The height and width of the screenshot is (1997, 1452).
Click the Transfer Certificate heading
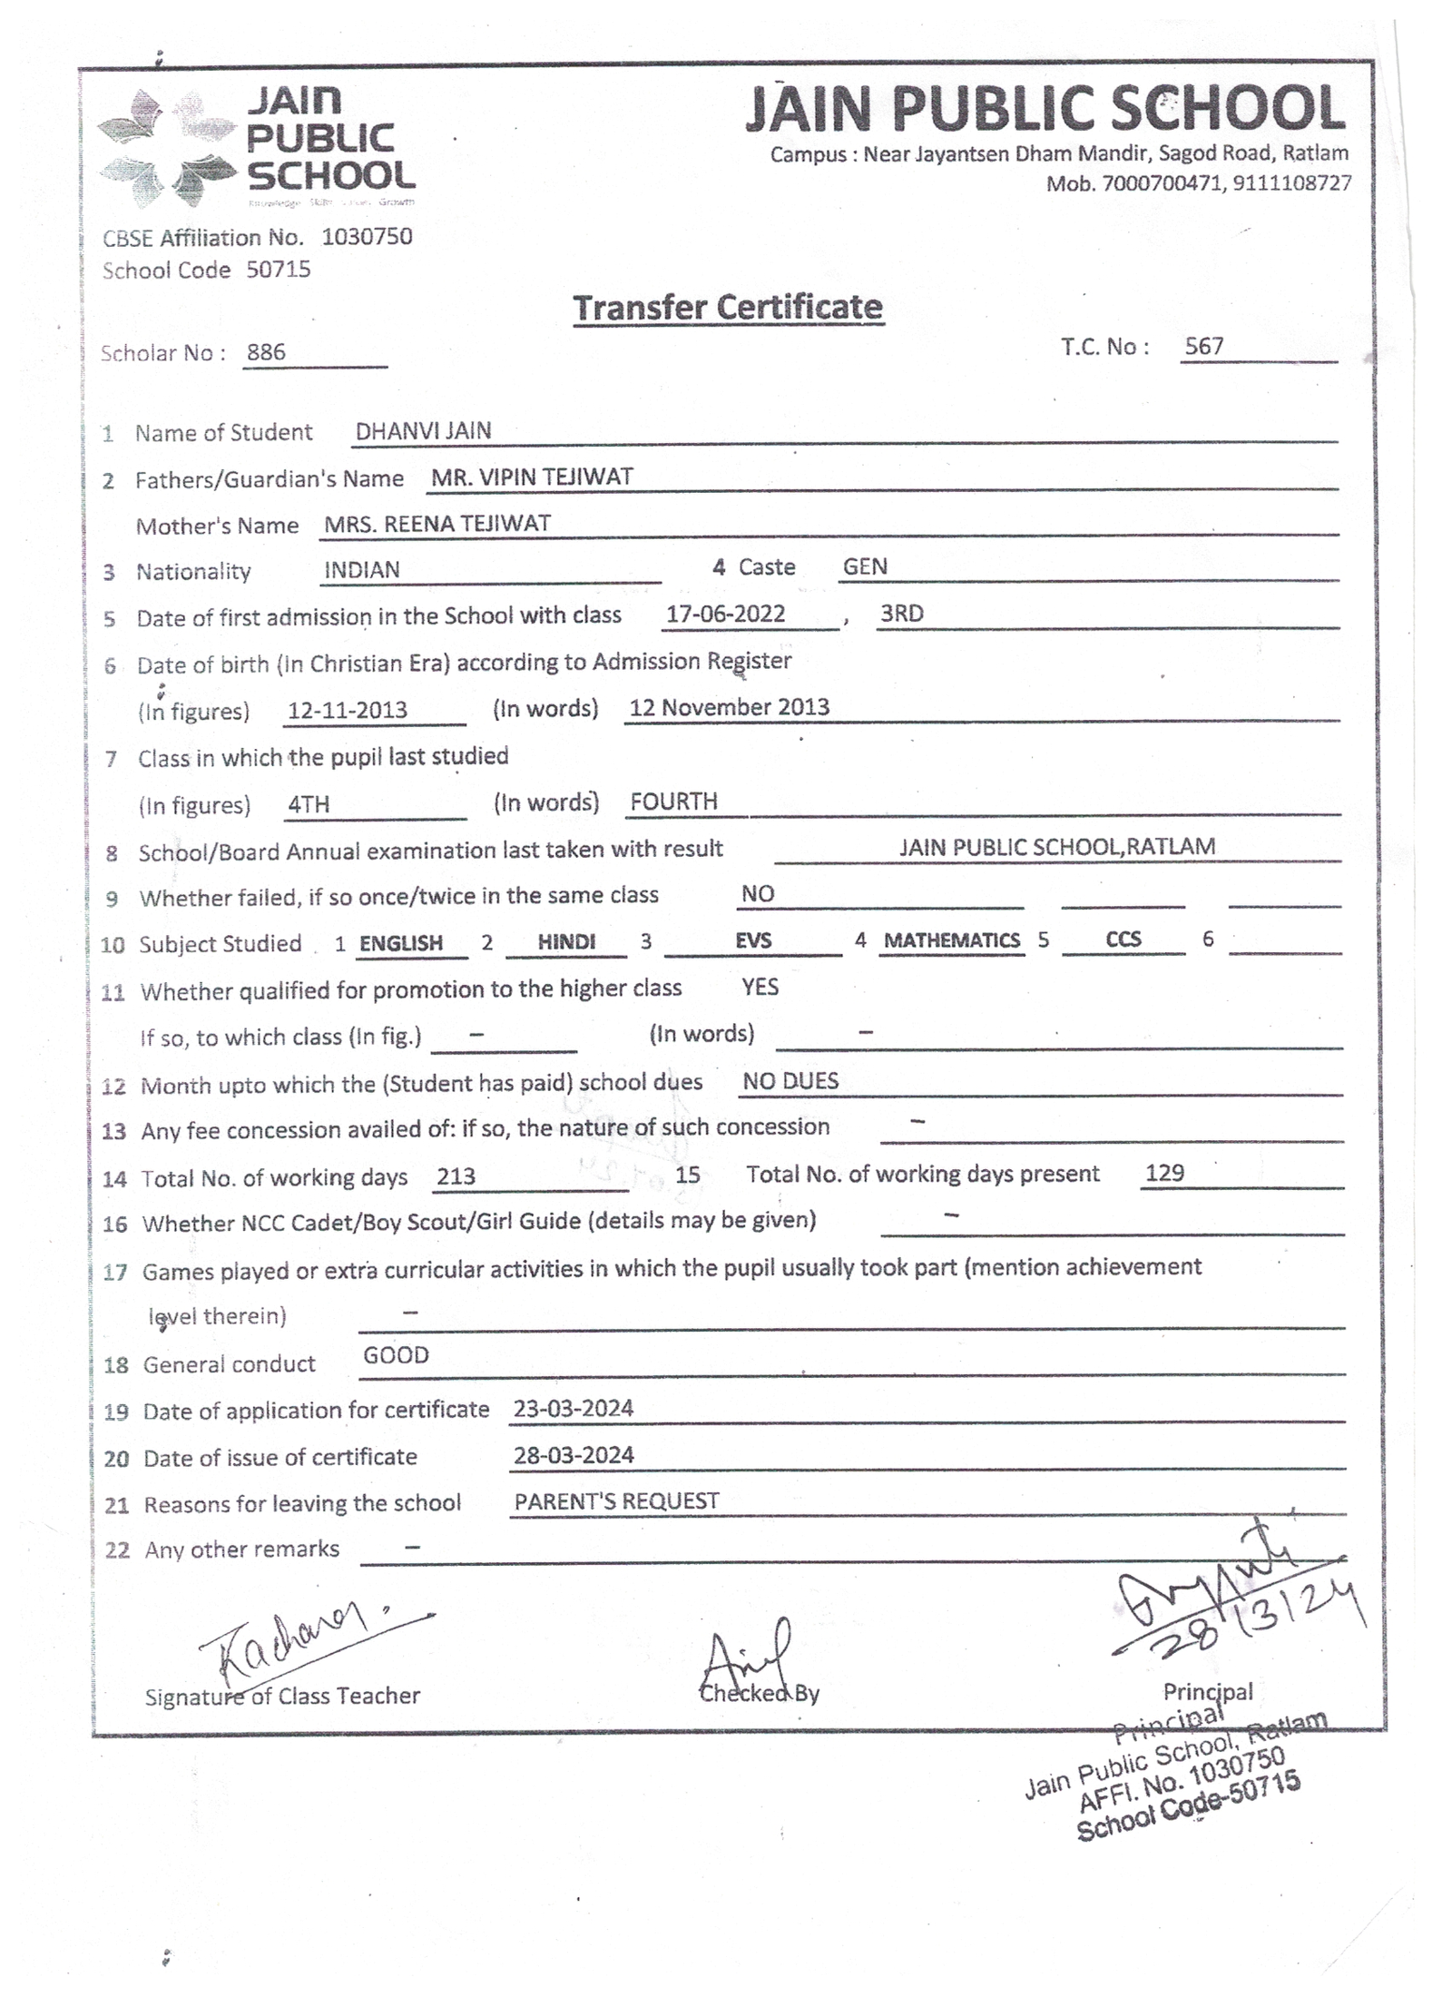[x=727, y=308]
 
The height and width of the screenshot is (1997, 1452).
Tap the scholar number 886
[x=266, y=352]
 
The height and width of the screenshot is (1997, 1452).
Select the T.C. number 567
[x=1204, y=346]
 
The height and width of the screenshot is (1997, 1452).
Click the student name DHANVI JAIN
[x=423, y=431]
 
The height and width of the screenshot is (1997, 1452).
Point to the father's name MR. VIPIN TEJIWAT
[x=532, y=477]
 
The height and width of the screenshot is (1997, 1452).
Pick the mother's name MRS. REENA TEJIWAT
[x=437, y=524]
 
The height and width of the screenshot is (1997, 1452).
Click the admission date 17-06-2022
[x=725, y=614]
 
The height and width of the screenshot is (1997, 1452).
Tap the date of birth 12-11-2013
[x=347, y=710]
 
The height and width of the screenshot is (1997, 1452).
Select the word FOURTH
[x=673, y=802]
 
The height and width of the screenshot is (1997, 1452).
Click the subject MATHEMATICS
[x=952, y=940]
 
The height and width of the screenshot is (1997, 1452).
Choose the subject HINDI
[x=566, y=942]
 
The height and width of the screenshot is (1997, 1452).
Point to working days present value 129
[x=1164, y=1173]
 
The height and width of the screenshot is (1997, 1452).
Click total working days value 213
[x=456, y=1176]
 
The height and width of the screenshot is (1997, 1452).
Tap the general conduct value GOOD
[x=396, y=1355]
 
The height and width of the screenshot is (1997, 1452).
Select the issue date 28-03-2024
[x=574, y=1455]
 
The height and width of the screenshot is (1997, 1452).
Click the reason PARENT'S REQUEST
[x=616, y=1501]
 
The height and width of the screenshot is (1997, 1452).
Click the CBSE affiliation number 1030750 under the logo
[x=367, y=237]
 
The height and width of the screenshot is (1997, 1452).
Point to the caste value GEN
[x=865, y=566]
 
